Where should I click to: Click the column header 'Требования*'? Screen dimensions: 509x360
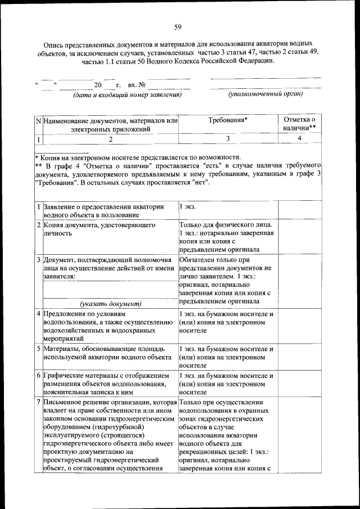228,120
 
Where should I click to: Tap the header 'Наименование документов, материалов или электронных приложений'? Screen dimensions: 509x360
110,125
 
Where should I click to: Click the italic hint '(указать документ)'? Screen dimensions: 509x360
110,303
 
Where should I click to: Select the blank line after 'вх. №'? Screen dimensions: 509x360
169,85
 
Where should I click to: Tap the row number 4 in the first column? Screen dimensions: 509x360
38,313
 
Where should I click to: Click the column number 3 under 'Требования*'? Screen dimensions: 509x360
228,138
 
